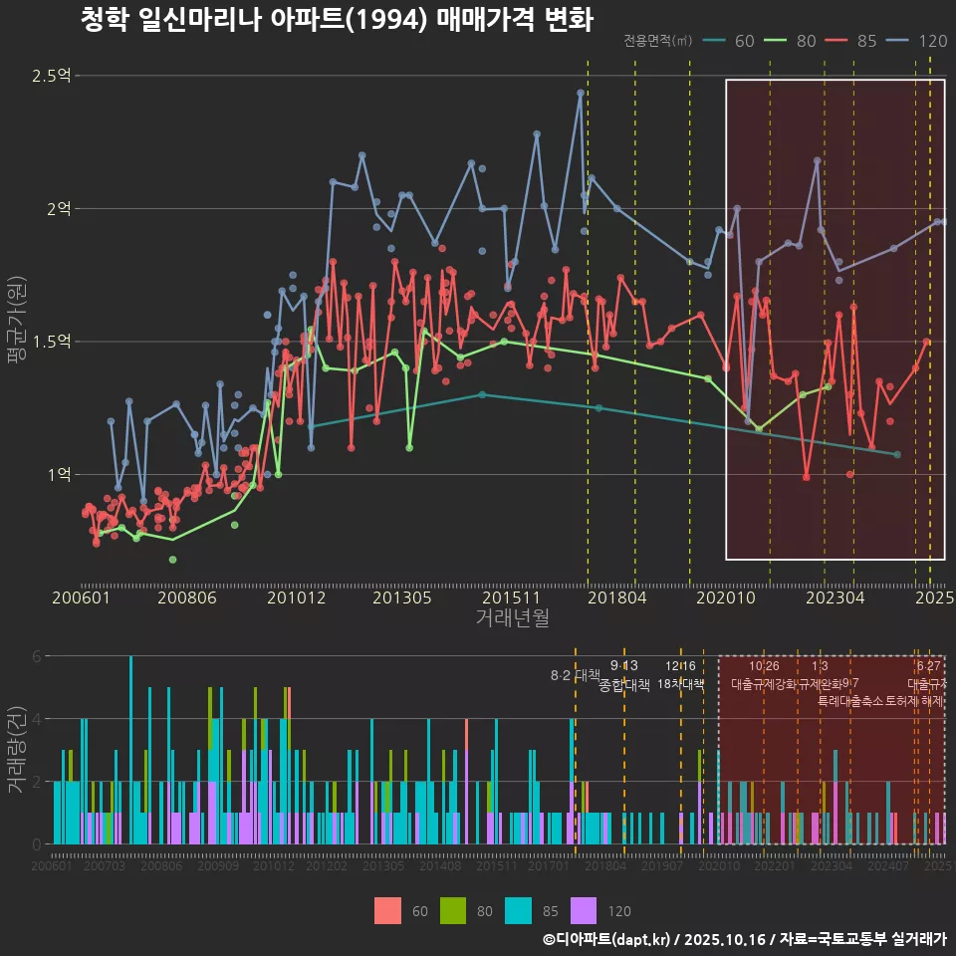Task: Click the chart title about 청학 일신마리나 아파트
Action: click(x=336, y=19)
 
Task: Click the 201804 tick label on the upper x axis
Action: click(x=616, y=597)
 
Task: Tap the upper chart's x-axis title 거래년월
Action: click(x=512, y=617)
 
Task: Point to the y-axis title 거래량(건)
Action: click(x=16, y=749)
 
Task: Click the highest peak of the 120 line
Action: click(x=580, y=93)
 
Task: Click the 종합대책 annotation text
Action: click(x=624, y=685)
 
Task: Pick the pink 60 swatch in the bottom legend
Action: click(x=387, y=910)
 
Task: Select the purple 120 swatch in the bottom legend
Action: click(x=583, y=910)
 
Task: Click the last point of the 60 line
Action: click(x=897, y=454)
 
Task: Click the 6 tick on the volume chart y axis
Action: click(x=37, y=656)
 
